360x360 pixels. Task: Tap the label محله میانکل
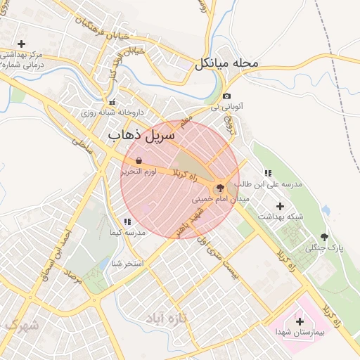pos(227,63)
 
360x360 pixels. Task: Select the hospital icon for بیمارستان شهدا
pos(300,321)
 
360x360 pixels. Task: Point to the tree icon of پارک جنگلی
pos(324,237)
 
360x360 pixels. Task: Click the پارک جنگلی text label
pos(324,247)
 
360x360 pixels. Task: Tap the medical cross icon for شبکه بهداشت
pos(281,207)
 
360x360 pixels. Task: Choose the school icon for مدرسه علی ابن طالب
pos(267,173)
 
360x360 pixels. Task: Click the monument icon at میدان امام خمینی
pos(220,188)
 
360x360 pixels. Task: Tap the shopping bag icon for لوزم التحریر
pos(139,160)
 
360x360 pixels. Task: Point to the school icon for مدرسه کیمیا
pos(127,222)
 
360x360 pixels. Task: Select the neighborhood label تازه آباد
pos(169,319)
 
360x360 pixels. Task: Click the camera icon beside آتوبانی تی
pos(226,96)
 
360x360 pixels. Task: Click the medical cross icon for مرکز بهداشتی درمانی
pos(22,44)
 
